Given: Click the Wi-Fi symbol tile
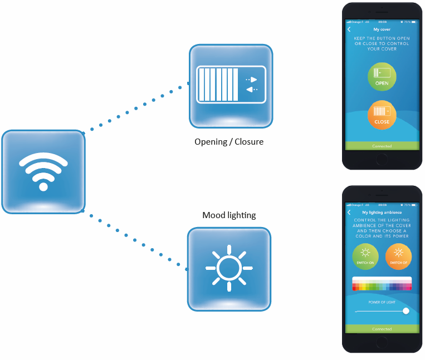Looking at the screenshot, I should pos(43,171).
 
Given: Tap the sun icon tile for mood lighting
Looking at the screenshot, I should pos(229,268).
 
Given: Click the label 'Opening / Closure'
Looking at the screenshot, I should pos(229,142).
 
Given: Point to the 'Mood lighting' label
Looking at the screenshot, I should pos(229,215).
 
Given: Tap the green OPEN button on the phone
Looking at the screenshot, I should pos(382,77).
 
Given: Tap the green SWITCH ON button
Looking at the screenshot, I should pos(365,257).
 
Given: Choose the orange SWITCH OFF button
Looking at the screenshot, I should pos(398,257).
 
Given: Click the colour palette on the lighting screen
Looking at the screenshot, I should pos(382,284).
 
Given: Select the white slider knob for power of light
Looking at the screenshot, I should pos(406,311).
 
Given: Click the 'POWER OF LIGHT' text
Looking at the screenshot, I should pos(382,302).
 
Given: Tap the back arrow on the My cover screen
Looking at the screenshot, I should pos(349,29).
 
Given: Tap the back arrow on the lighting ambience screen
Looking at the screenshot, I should pos(349,213).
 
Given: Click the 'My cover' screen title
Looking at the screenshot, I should pos(382,29).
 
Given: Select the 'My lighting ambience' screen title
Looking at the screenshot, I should pos(382,213).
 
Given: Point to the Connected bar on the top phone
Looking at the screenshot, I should pos(382,146).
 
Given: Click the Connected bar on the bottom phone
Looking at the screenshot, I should pos(382,329).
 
